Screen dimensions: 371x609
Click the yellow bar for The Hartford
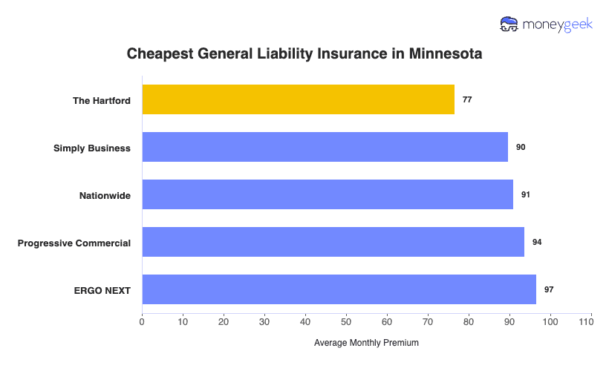[298, 99]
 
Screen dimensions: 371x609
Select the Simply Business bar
[325, 147]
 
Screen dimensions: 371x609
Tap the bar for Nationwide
[327, 194]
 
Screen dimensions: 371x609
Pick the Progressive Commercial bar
[333, 242]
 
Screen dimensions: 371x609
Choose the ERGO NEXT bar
[339, 289]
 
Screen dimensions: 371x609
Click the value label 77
[467, 99]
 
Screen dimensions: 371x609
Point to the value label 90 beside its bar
[521, 147]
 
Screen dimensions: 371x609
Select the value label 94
[537, 242]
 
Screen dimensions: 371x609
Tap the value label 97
[549, 289]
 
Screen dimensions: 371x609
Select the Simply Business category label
[92, 148]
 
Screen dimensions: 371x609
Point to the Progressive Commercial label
[74, 243]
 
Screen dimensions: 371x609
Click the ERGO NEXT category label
[103, 290]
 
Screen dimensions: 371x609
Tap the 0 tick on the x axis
[142, 322]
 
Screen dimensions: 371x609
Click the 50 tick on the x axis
[346, 322]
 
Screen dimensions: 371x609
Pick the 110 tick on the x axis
[591, 322]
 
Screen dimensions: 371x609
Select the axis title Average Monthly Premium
[366, 343]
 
